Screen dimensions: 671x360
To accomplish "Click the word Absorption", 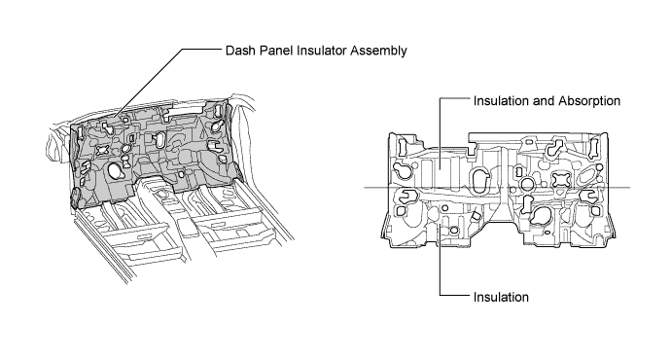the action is (589, 101).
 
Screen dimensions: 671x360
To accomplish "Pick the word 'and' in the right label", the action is (544, 101).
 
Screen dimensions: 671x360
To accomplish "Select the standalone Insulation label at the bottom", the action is (501, 297).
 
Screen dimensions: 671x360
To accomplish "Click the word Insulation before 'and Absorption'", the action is (501, 101).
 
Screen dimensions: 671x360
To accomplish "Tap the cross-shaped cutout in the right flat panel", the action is (561, 179).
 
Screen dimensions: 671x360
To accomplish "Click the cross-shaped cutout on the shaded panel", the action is (103, 150).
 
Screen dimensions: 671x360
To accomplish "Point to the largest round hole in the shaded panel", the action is (115, 170).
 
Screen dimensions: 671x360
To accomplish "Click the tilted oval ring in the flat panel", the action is (587, 176).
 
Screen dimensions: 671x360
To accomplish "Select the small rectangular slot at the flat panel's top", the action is (529, 142).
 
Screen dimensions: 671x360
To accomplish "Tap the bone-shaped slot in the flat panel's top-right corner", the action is (594, 146).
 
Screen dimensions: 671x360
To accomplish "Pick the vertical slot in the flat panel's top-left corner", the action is (403, 146).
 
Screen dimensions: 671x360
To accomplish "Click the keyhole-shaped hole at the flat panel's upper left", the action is (404, 170).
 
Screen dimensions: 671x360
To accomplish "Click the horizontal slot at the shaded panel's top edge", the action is (177, 111).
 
